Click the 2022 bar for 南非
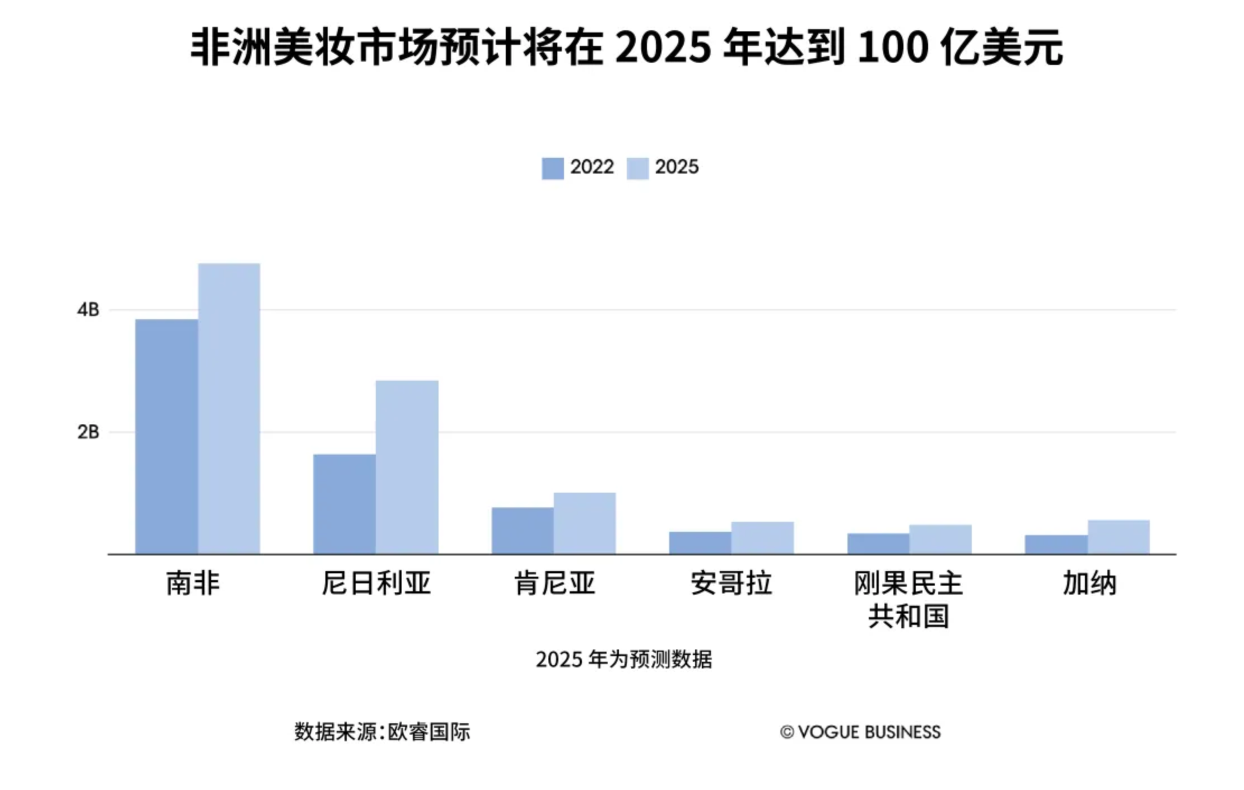click(166, 437)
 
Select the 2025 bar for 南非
click(229, 409)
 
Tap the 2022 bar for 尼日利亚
click(344, 504)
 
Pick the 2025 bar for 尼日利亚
click(407, 468)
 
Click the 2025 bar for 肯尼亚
click(584, 523)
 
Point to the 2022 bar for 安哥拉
click(700, 543)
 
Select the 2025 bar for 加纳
click(1118, 537)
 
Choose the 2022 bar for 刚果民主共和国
click(878, 544)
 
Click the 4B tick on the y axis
click(88, 310)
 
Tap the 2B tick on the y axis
click(88, 432)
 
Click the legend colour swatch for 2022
click(552, 169)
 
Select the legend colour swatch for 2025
click(637, 169)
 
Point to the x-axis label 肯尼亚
click(554, 583)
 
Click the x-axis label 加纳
click(1089, 583)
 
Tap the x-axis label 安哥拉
click(731, 583)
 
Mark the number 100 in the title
click(893, 48)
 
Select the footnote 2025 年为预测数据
click(623, 660)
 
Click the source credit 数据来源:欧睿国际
click(382, 732)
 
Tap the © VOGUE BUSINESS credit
click(860, 732)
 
